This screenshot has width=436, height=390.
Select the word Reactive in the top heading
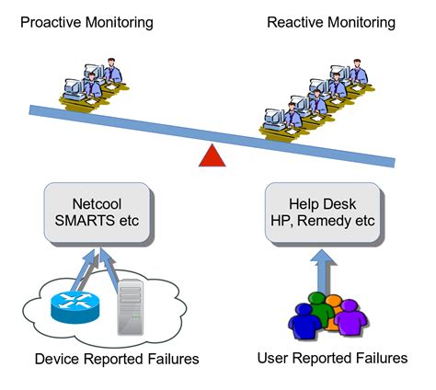tap(295, 19)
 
